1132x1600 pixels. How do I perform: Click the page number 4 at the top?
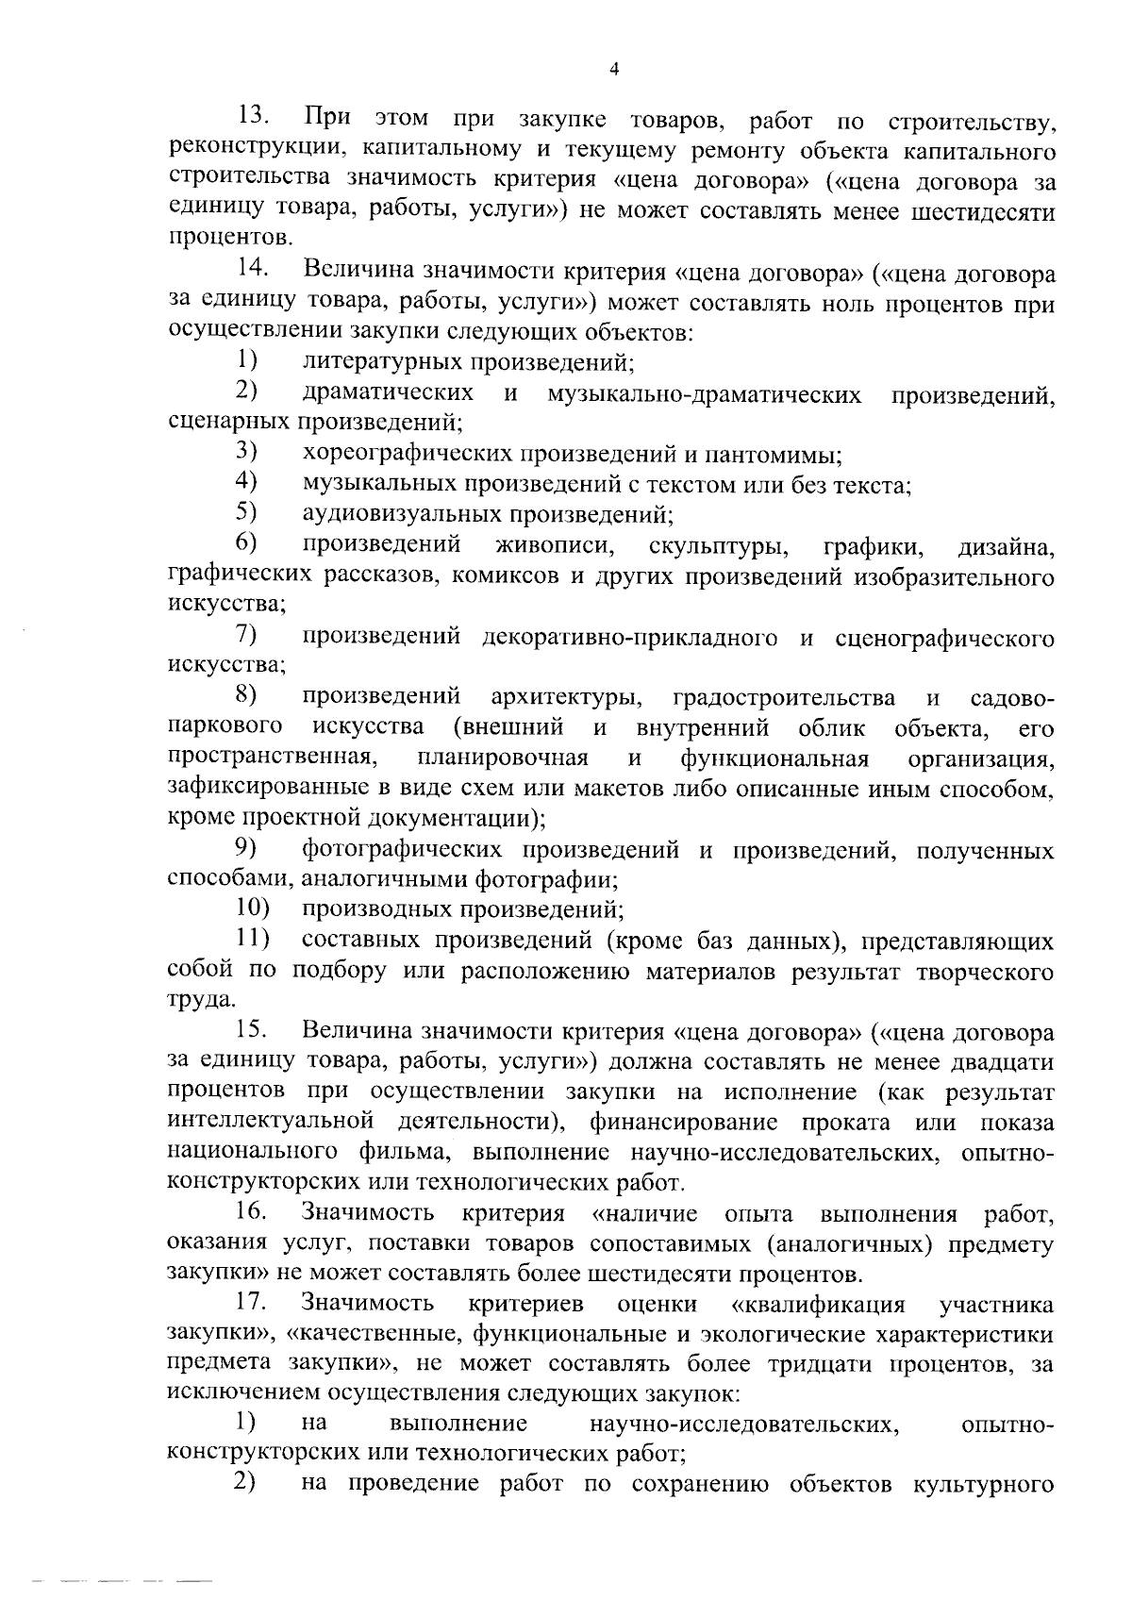(x=614, y=69)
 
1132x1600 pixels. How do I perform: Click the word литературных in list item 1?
(x=384, y=363)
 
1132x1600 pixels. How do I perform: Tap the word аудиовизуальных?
(x=403, y=515)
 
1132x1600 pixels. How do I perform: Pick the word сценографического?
(x=944, y=639)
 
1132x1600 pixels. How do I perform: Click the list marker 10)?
(x=252, y=909)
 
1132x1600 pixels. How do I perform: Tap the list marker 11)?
(x=252, y=940)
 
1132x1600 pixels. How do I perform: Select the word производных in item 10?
(x=377, y=910)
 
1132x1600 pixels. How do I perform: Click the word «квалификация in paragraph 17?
(x=818, y=1305)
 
